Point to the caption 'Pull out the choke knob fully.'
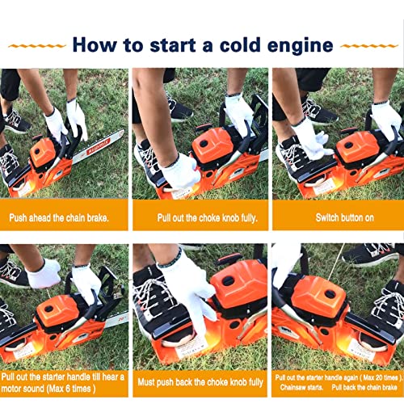pyautogui.click(x=201, y=217)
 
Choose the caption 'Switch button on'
pyautogui.click(x=337, y=217)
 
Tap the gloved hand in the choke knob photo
pyautogui.click(x=179, y=170)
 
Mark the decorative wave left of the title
pyautogui.click(x=37, y=45)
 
